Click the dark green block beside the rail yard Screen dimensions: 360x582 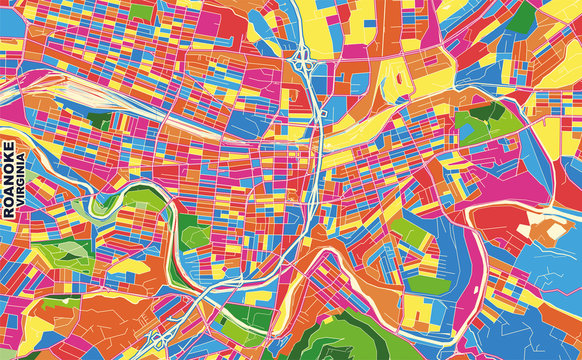pos(99,120)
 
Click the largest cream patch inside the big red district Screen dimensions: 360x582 pos(549,231)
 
